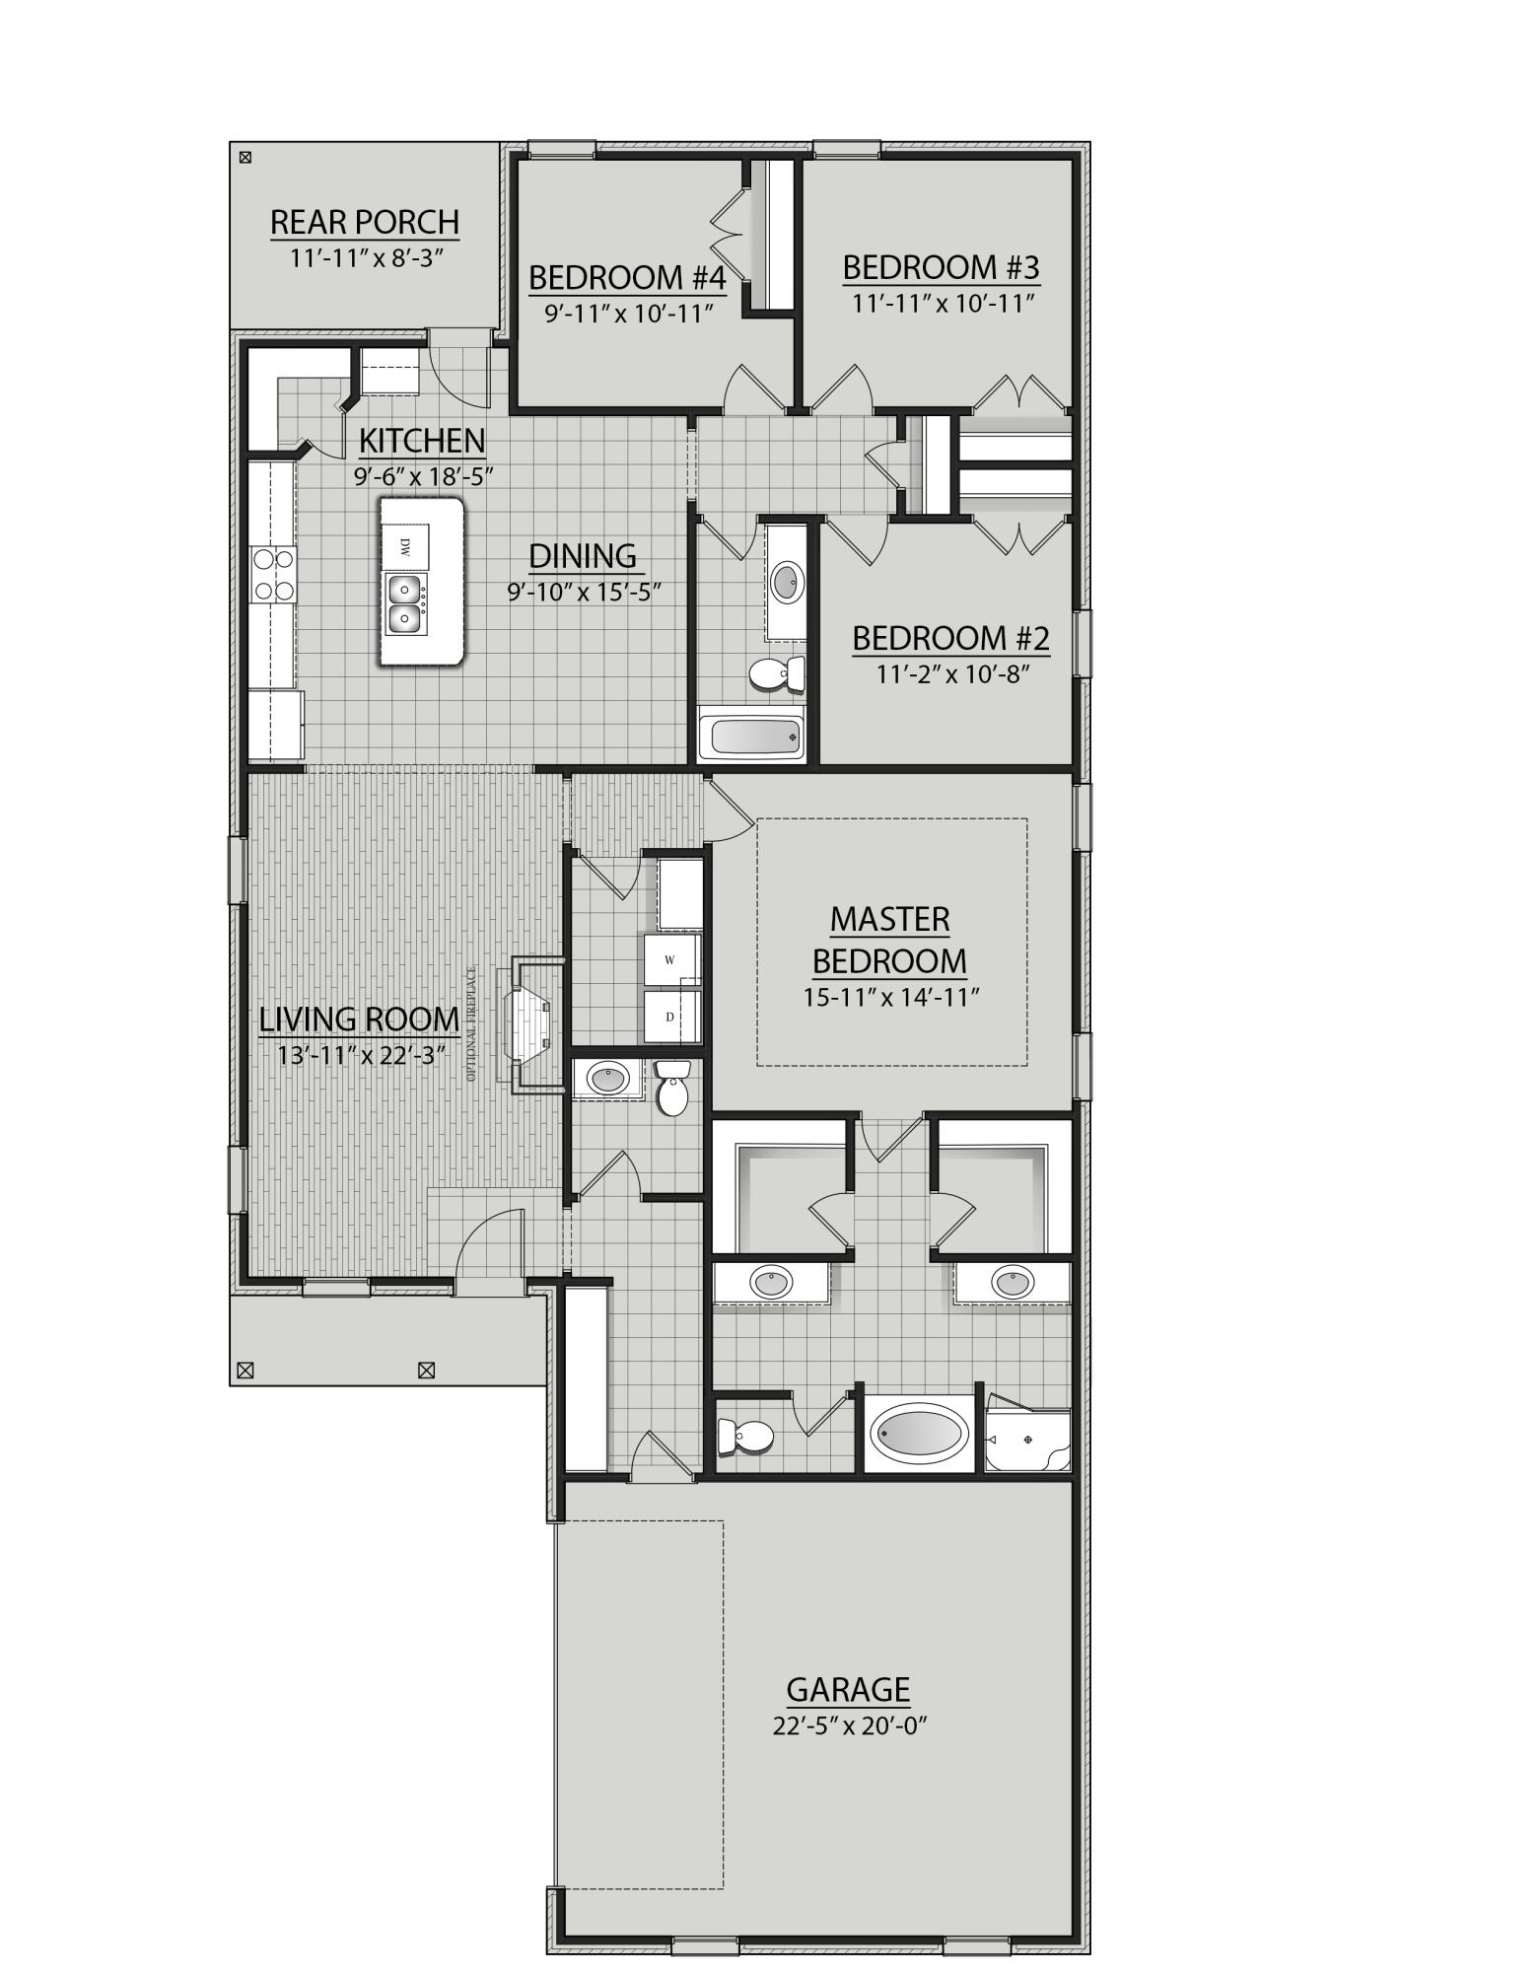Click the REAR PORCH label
coord(364,222)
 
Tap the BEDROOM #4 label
coord(627,278)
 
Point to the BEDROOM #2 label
coord(950,639)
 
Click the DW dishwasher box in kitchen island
coord(405,545)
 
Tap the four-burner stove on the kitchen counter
coord(274,575)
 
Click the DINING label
coord(582,556)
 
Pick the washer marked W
coord(670,959)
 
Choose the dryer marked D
coord(670,1017)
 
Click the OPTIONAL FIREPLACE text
coord(472,1023)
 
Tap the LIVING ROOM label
coord(359,1020)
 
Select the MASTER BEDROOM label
coord(888,940)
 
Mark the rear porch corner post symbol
coord(245,156)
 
